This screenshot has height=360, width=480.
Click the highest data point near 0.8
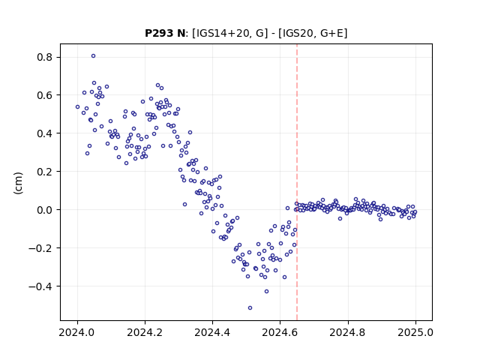(x=93, y=56)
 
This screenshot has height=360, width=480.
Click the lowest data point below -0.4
(x=250, y=308)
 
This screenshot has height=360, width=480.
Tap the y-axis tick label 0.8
(x=45, y=57)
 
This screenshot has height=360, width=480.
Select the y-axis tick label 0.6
(x=45, y=95)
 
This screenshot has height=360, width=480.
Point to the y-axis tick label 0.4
(x=45, y=133)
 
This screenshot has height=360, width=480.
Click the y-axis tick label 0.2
(x=45, y=172)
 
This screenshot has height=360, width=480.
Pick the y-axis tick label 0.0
(x=45, y=210)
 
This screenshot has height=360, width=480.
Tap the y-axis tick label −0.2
(x=40, y=248)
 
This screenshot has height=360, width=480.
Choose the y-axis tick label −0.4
(x=40, y=286)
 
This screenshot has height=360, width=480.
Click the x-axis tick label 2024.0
(x=77, y=332)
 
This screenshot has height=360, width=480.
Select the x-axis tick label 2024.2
(x=145, y=332)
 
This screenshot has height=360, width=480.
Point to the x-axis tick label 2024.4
(x=212, y=332)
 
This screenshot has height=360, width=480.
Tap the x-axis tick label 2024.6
(x=280, y=332)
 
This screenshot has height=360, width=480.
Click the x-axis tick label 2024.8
(x=348, y=332)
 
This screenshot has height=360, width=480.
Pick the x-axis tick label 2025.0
(x=415, y=332)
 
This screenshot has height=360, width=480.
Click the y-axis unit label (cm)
(x=18, y=183)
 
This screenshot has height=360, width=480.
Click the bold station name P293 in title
(x=159, y=33)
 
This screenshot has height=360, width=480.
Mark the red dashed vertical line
(x=297, y=182)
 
